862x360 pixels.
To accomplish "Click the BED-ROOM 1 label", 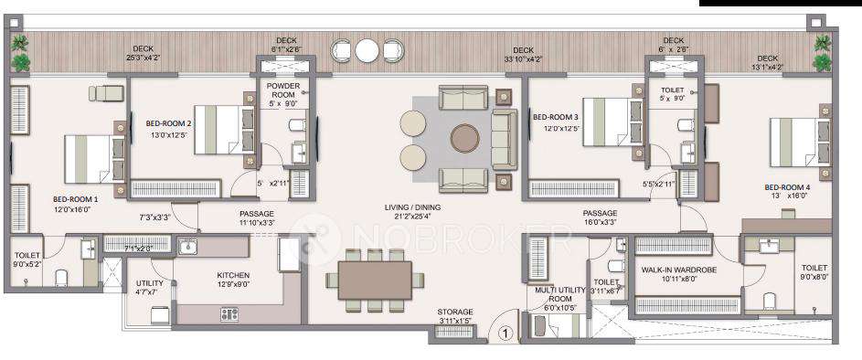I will click(x=71, y=198).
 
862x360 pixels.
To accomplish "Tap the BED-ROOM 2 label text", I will click(x=168, y=123).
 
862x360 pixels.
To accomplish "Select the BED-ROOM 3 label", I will click(x=556, y=117).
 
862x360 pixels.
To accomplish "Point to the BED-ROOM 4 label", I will click(x=787, y=186).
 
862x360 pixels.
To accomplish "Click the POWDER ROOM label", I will click(x=283, y=90).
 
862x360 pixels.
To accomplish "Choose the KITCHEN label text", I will click(x=233, y=275).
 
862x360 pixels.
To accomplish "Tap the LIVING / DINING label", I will click(x=411, y=207).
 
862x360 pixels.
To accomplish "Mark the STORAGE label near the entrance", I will click(x=454, y=312).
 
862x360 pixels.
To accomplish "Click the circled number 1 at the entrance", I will click(x=503, y=334).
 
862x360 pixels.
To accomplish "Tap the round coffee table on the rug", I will click(x=464, y=138).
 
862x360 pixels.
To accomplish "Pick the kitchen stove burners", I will click(x=229, y=313).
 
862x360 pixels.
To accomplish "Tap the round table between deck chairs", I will click(x=367, y=49).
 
